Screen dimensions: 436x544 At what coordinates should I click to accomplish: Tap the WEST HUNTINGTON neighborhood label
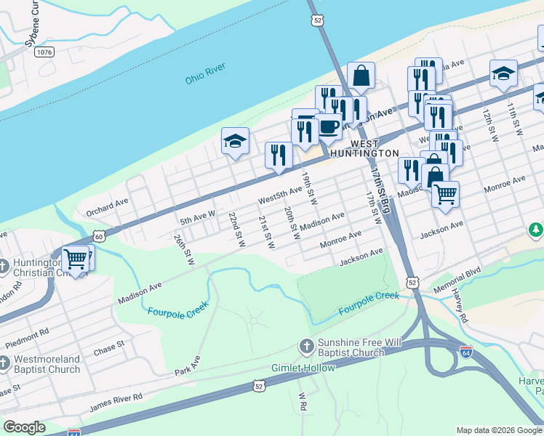pos(364,149)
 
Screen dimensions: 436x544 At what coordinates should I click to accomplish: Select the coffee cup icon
pos(328,127)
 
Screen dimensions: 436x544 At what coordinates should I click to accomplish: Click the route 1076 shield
pos(44,52)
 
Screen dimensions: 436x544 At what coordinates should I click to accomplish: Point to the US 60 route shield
pos(99,235)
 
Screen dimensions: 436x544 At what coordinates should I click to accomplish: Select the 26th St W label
pos(184,249)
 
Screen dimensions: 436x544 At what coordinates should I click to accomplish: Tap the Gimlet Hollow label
pos(304,368)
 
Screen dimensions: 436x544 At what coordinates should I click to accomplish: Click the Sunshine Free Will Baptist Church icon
pos(306,347)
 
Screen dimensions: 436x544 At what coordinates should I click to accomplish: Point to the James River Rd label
pos(116,401)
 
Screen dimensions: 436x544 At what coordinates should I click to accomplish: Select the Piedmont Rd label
pos(27,334)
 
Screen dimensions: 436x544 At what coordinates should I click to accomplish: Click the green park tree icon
pos(535,230)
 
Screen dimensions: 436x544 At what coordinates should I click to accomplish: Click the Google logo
pos(24,427)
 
